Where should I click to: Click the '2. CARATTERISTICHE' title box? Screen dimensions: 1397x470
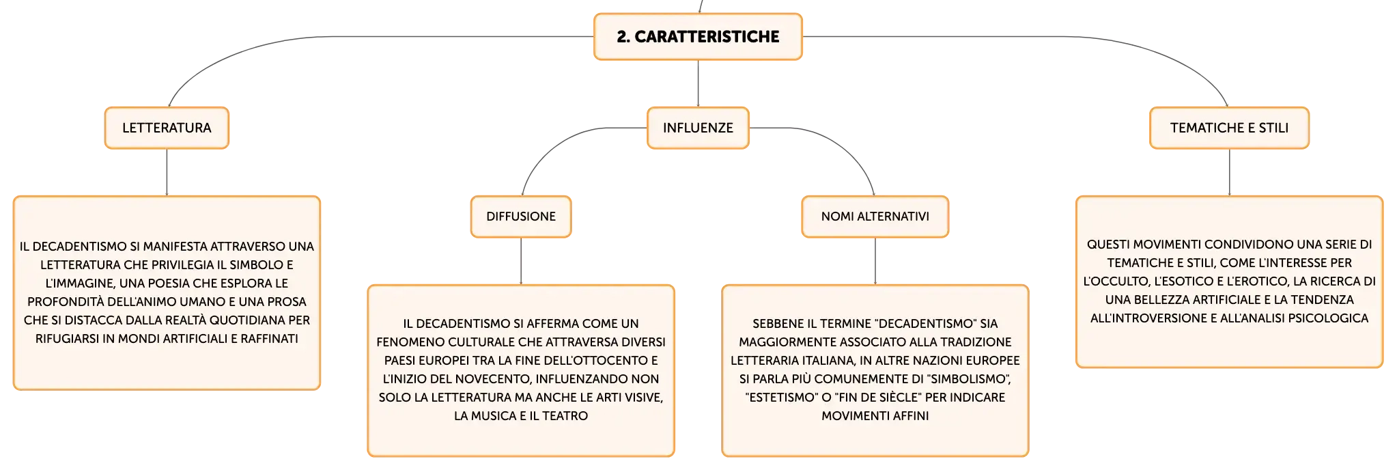pos(698,37)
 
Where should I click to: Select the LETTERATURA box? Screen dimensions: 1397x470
pos(167,128)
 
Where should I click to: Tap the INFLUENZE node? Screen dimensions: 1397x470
pos(698,128)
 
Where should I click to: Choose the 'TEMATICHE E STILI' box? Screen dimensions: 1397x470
pos(1229,128)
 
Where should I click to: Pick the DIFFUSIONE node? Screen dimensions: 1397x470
pos(521,217)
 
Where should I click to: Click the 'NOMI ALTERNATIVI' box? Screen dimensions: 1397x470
pos(875,217)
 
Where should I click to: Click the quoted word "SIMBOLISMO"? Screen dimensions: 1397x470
pos(970,379)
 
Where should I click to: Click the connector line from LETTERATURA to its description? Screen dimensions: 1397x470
pos(167,172)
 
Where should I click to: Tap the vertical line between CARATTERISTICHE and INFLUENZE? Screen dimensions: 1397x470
pos(698,83)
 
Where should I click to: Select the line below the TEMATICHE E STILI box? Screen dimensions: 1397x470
pos(1229,172)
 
